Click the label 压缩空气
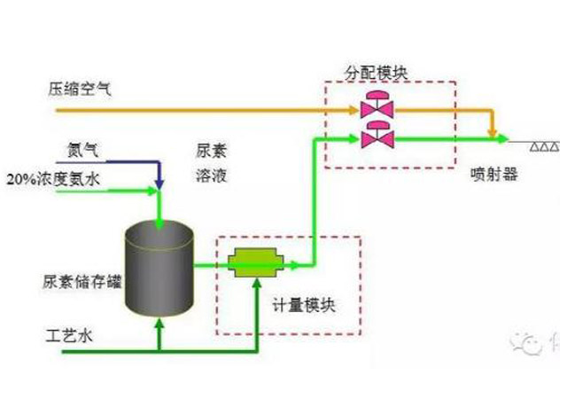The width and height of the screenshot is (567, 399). point(81,89)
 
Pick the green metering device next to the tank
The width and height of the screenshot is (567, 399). point(255,263)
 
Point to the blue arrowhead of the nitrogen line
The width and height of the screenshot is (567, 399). point(159,183)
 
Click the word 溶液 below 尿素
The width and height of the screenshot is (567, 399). point(210,175)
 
